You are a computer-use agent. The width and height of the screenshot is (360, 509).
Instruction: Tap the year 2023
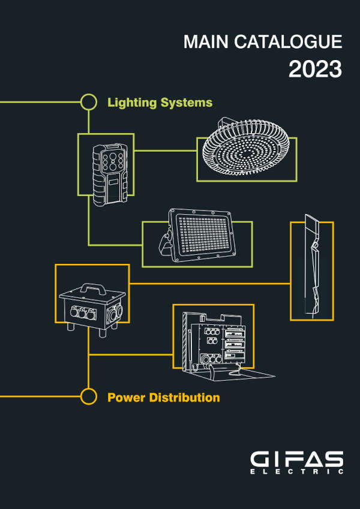click(315, 69)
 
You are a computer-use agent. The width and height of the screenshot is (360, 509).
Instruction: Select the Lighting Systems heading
click(160, 103)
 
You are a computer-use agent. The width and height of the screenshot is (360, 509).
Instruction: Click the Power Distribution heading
click(163, 397)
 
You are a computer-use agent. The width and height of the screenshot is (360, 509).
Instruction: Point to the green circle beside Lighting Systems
click(89, 102)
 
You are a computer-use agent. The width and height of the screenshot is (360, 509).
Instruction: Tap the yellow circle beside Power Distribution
click(89, 396)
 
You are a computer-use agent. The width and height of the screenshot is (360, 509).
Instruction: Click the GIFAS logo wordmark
click(296, 459)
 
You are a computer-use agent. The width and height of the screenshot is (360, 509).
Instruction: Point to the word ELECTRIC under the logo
click(296, 472)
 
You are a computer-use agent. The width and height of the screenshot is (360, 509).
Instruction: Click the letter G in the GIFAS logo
click(260, 459)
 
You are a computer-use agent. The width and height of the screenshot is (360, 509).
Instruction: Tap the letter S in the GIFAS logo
click(333, 459)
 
